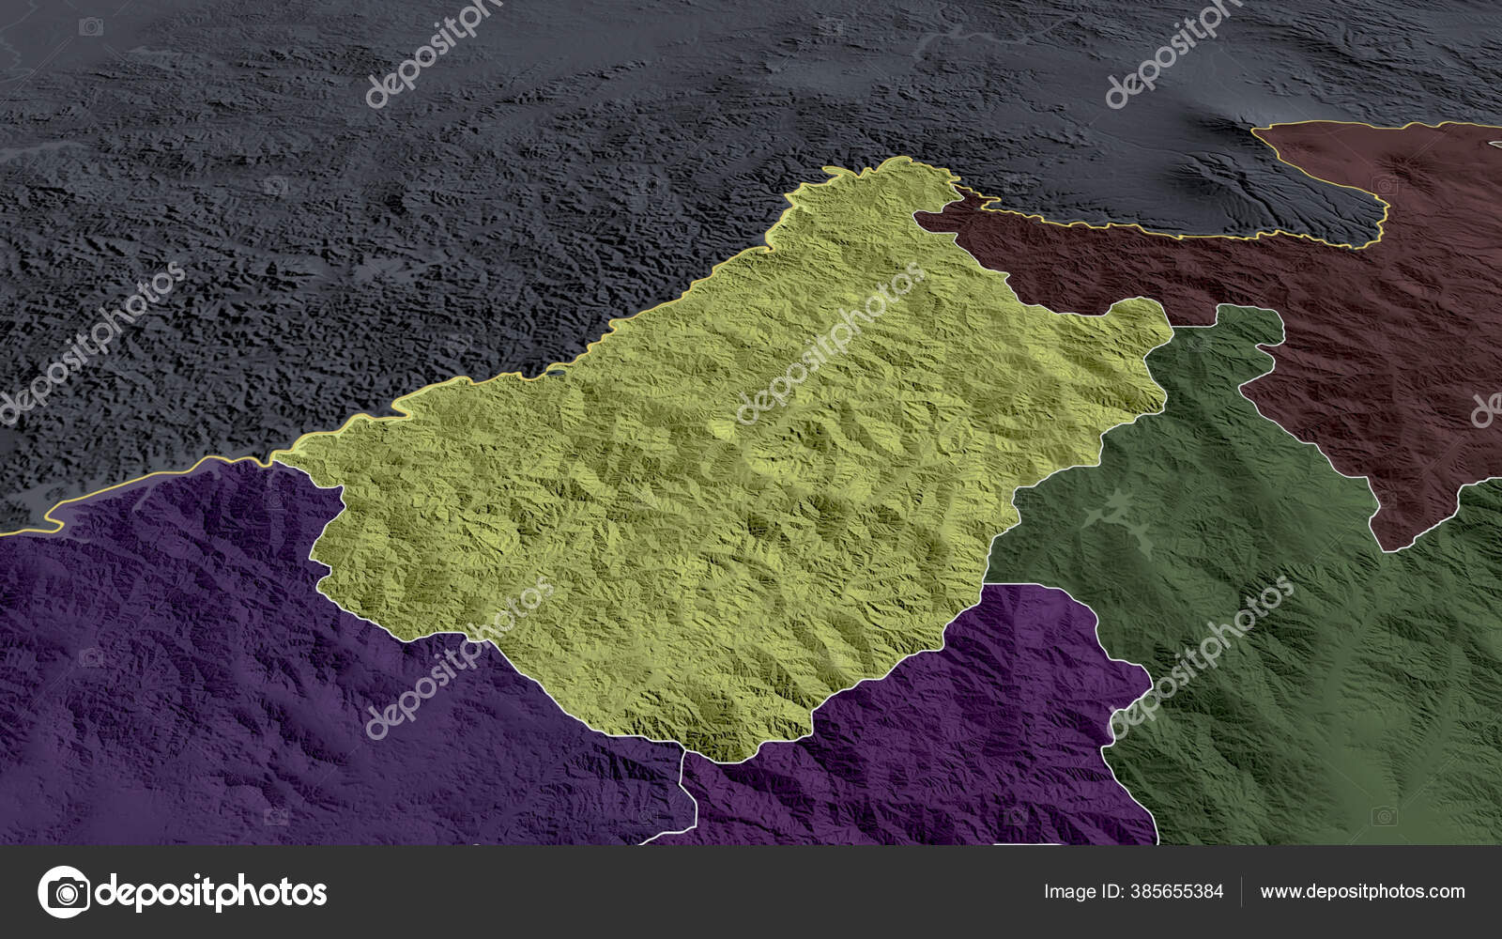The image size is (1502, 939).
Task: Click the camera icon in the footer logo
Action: click(x=64, y=891)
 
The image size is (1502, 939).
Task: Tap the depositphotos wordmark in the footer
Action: click(x=211, y=891)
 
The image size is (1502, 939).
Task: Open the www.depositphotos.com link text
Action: click(x=1362, y=891)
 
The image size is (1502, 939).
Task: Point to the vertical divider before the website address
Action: click(x=1241, y=891)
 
